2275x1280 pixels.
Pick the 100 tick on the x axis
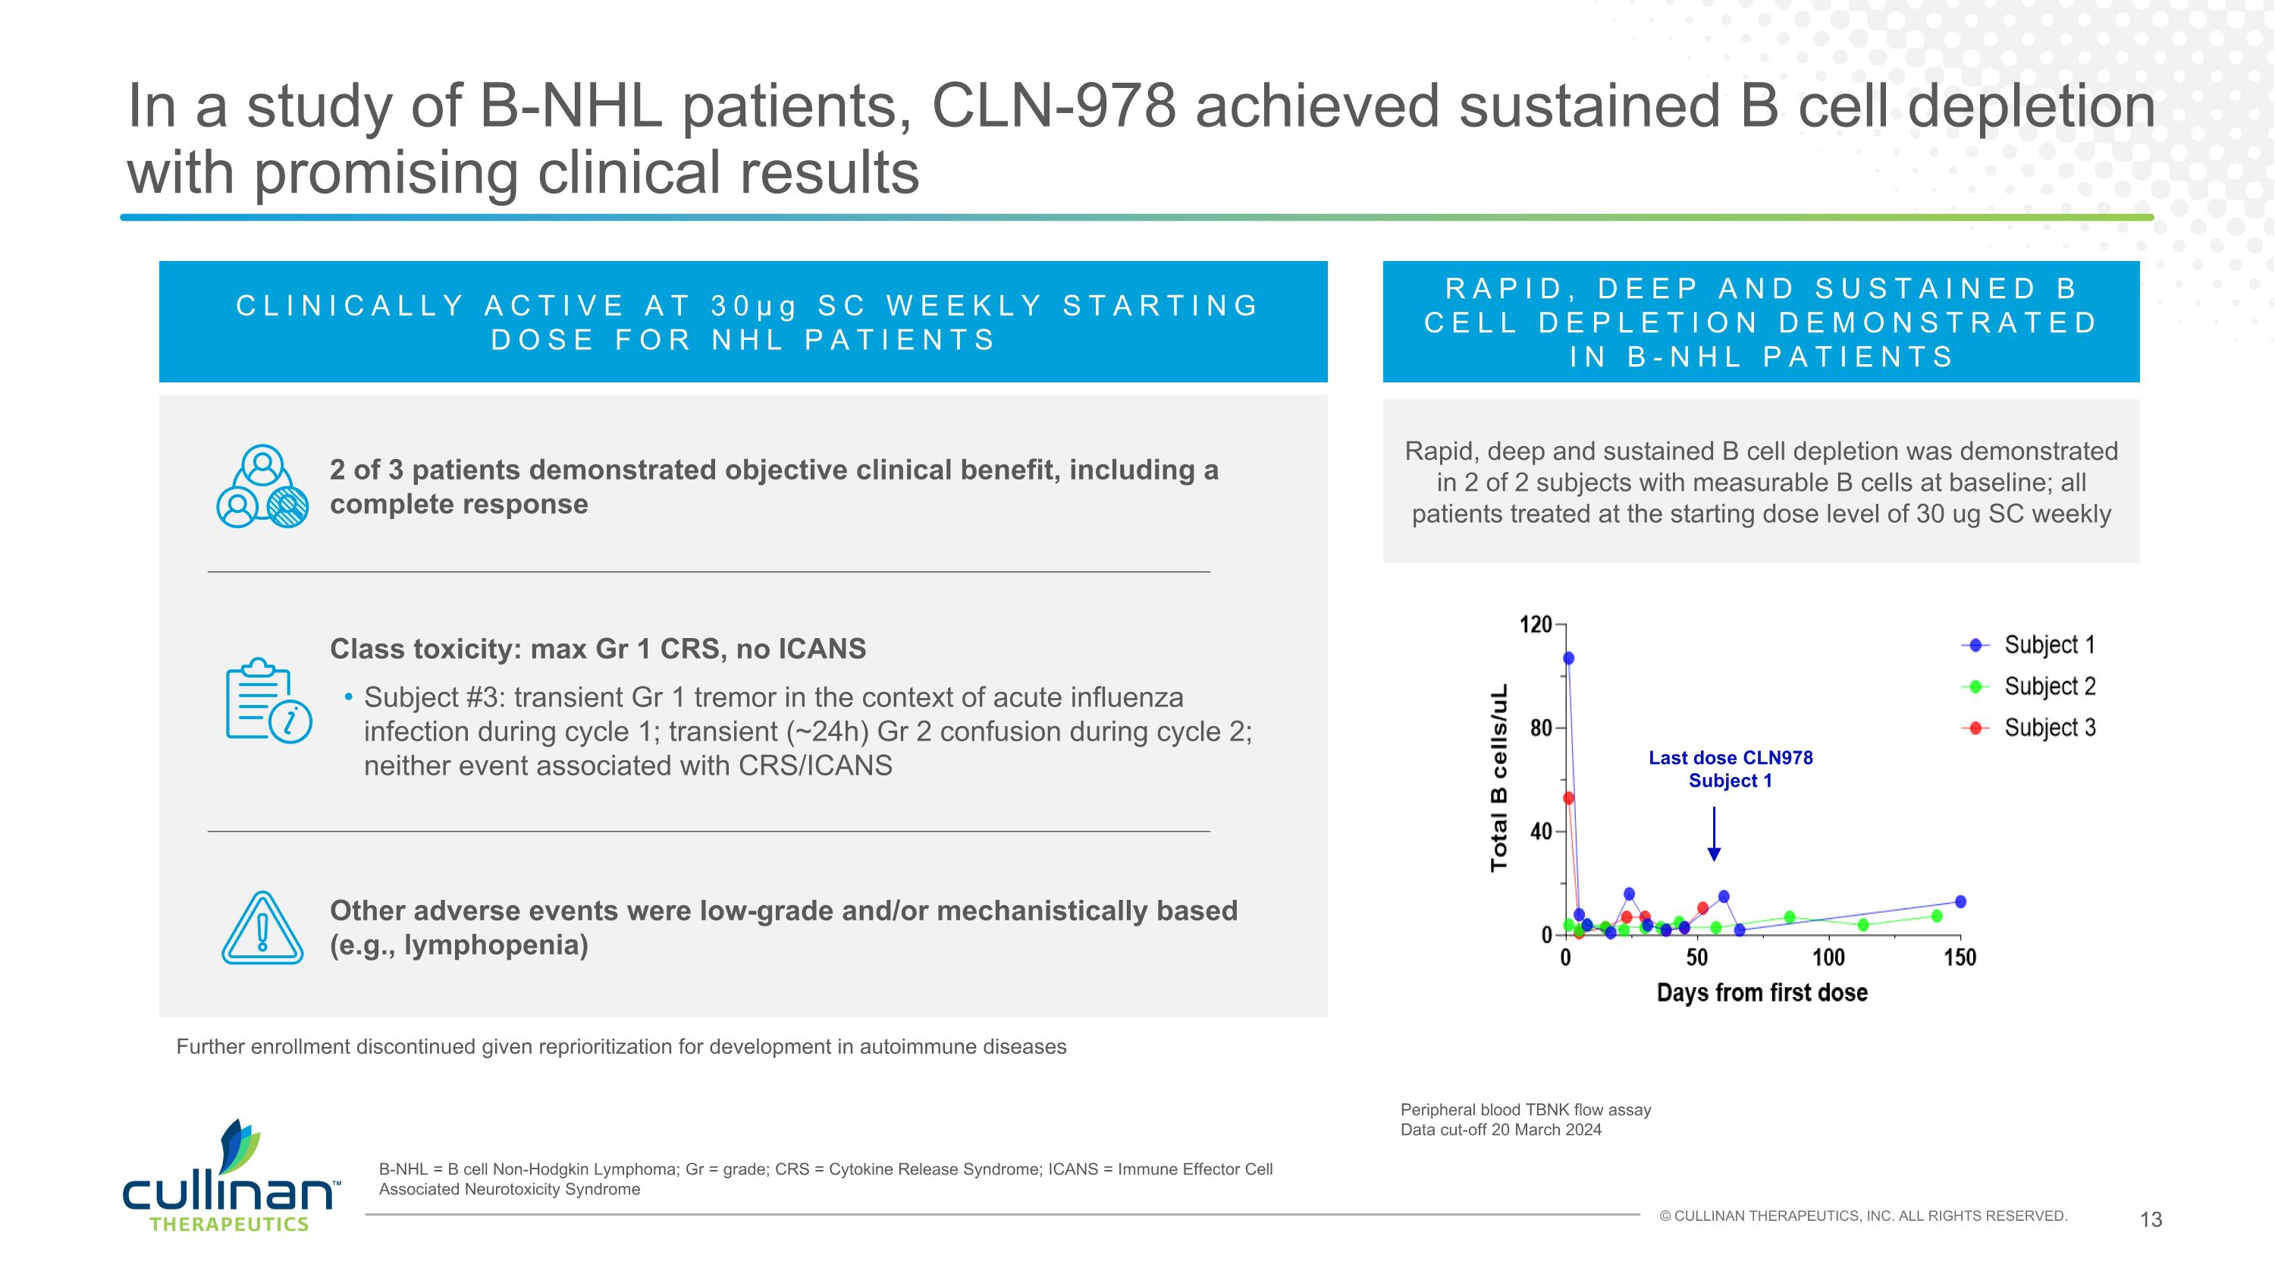(x=1828, y=958)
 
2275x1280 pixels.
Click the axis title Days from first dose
(x=1762, y=993)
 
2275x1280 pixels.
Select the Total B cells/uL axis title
(x=1498, y=778)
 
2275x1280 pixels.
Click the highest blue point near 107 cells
(x=1568, y=658)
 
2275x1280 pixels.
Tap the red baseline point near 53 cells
(x=1568, y=798)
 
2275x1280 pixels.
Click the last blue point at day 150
(x=1960, y=902)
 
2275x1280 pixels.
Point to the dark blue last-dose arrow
(x=1714, y=834)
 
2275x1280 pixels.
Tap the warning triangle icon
(x=262, y=929)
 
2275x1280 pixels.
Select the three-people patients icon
(x=262, y=487)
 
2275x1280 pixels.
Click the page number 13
(x=2151, y=1220)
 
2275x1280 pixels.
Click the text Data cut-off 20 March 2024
(x=1501, y=1130)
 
